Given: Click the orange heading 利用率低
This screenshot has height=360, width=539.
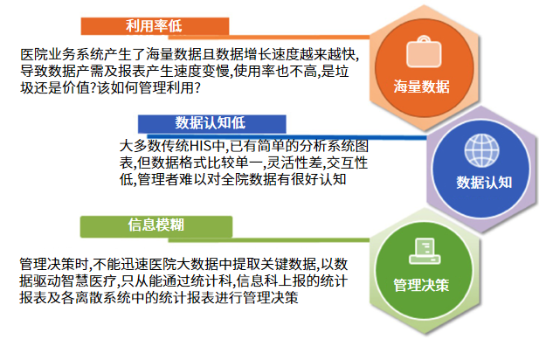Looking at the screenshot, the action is pyautogui.click(x=154, y=26).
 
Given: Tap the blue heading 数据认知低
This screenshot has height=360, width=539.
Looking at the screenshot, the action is pyautogui.click(x=211, y=123).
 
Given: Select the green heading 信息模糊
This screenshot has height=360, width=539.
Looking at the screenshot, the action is pyautogui.click(x=156, y=225).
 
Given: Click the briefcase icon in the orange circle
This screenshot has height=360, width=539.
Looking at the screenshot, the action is pyautogui.click(x=424, y=52).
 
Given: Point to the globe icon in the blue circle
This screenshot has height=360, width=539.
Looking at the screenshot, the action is pyautogui.click(x=481, y=150).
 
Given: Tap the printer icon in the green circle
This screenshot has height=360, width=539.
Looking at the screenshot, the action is pyautogui.click(x=425, y=252).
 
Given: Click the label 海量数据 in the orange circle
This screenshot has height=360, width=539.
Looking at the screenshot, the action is pyautogui.click(x=421, y=87).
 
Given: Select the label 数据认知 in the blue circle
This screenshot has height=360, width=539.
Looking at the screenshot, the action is pyautogui.click(x=484, y=183).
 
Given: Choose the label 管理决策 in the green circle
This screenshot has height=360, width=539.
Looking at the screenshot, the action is pyautogui.click(x=421, y=285).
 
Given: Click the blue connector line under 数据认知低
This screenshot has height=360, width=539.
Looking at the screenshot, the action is pyautogui.click(x=287, y=137).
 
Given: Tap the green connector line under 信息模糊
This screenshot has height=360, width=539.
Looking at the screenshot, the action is pyautogui.click(x=268, y=240).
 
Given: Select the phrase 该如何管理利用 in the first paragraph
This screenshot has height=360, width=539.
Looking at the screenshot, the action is pyautogui.click(x=146, y=87).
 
